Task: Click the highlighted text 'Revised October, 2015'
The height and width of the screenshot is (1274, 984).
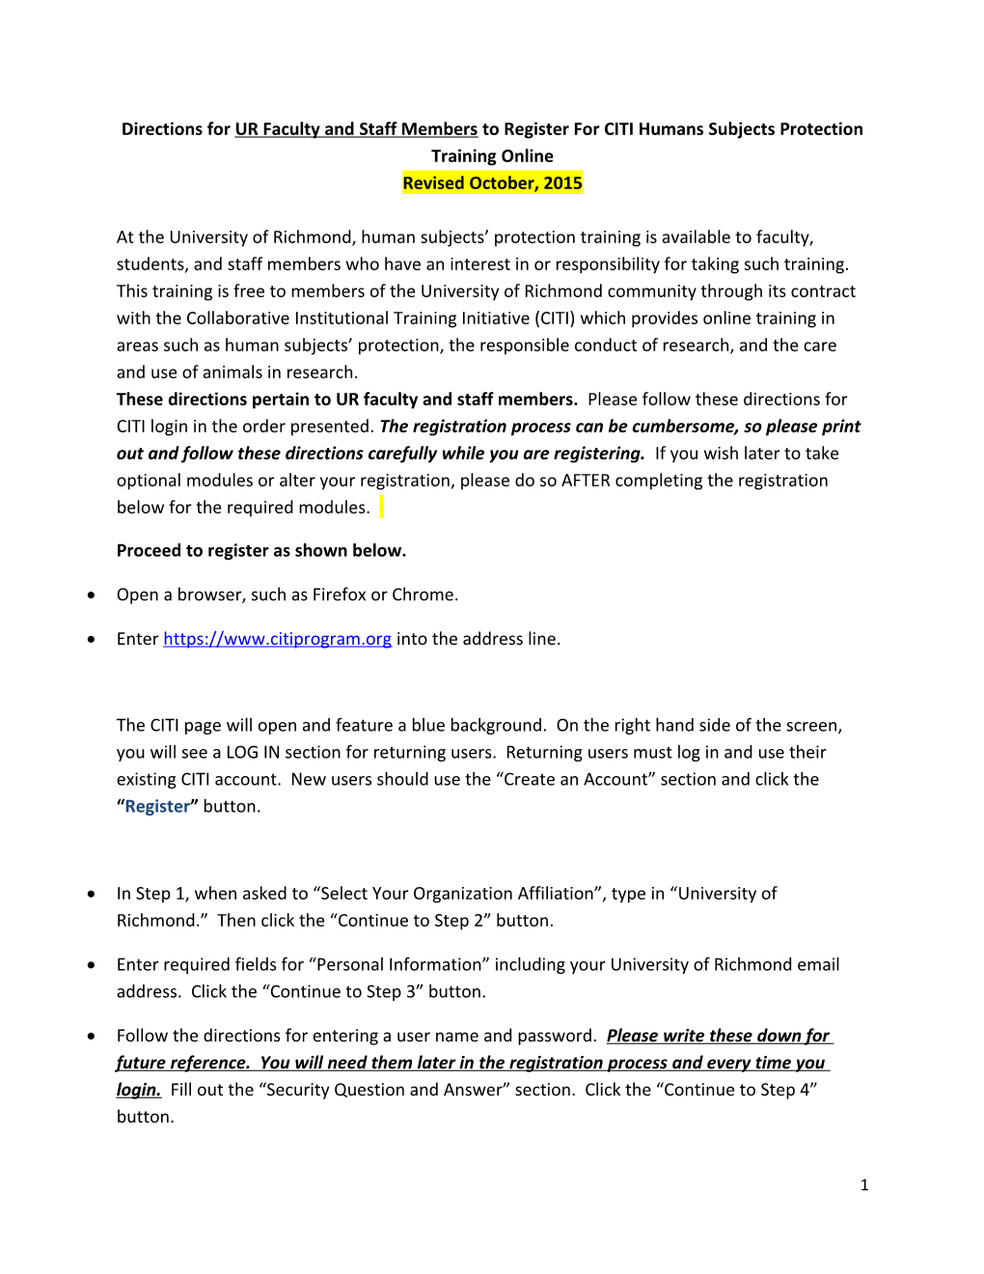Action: click(492, 183)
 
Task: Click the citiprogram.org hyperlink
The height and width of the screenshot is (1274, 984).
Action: click(277, 639)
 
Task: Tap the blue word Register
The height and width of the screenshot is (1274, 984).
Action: click(157, 807)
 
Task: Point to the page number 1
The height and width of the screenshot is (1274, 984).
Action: click(864, 1185)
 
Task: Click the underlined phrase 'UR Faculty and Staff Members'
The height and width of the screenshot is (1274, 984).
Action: click(356, 129)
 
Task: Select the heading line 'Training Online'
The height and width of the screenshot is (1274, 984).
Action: click(492, 156)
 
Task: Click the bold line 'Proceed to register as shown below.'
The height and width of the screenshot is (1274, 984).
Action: click(261, 551)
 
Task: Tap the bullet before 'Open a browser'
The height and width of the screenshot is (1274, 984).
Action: click(92, 595)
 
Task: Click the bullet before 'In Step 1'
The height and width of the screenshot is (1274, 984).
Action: click(92, 895)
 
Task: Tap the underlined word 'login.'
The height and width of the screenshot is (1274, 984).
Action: click(139, 1091)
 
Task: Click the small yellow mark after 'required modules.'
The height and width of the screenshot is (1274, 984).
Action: click(381, 507)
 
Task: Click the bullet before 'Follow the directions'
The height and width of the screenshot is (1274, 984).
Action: click(92, 1037)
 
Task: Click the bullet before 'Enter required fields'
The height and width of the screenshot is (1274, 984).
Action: click(92, 965)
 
